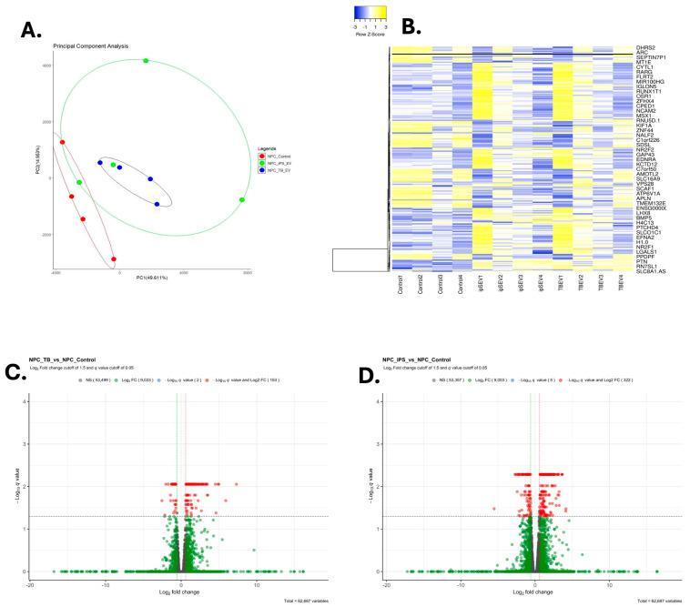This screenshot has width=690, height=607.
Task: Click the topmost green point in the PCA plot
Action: [146, 61]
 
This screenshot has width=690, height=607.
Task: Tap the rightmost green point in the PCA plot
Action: [242, 200]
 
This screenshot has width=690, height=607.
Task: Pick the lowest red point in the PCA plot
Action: [114, 259]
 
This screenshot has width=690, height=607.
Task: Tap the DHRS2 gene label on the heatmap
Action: [646, 46]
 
